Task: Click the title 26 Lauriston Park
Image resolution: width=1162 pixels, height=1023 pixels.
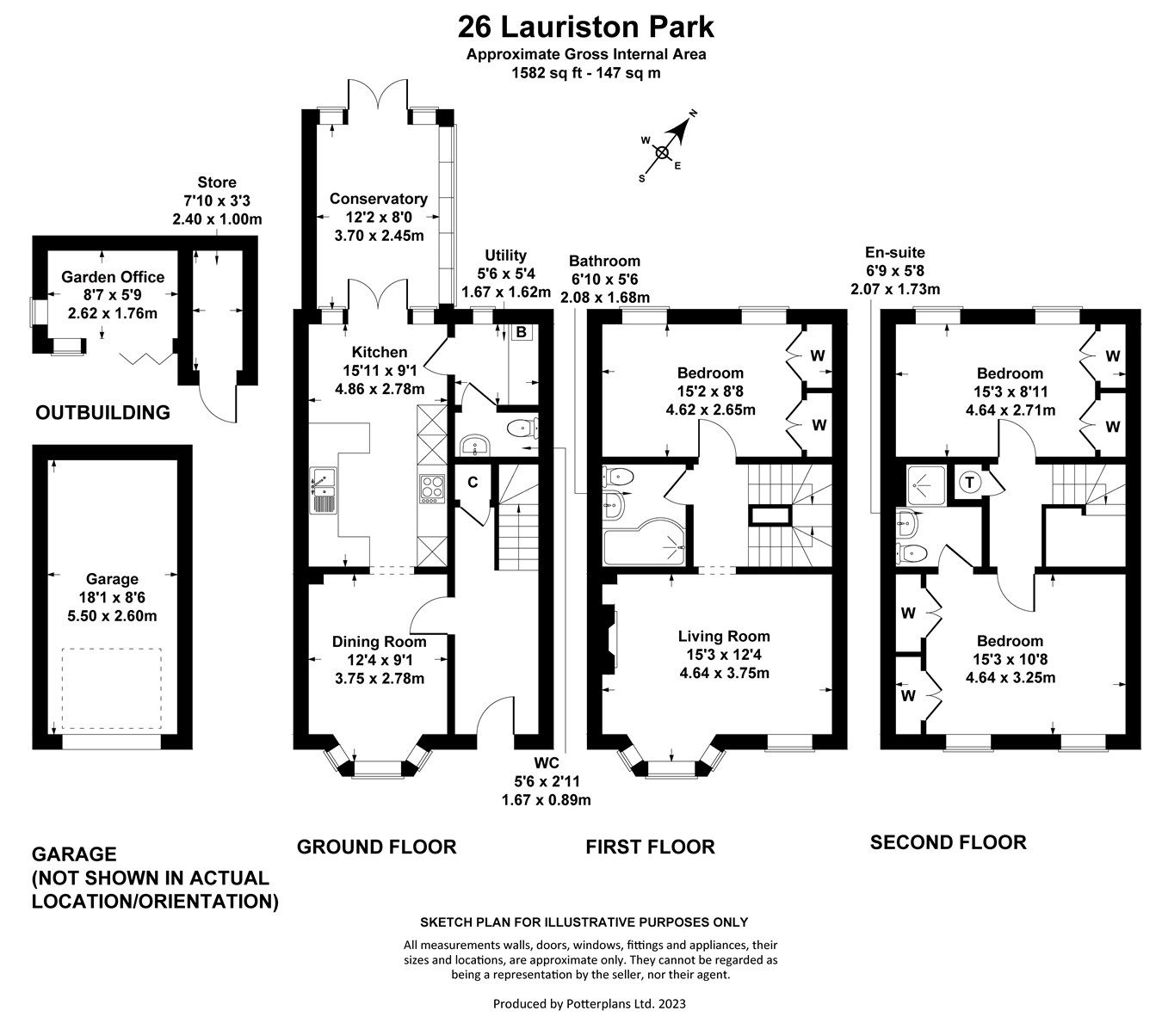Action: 585,27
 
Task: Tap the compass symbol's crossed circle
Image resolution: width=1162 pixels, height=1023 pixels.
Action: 662,153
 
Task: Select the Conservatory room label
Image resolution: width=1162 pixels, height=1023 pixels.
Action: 379,199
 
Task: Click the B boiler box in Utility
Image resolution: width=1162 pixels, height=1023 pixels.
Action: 521,331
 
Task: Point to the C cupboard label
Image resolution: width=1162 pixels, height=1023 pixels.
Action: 472,483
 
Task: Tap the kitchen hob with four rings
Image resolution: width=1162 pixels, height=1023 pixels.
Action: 430,488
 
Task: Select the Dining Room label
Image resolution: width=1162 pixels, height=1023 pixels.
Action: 379,642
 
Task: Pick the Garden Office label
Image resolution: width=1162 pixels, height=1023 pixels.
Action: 113,277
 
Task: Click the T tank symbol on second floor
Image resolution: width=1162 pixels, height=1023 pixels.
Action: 969,482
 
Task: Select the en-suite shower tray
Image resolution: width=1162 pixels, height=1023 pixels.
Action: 925,484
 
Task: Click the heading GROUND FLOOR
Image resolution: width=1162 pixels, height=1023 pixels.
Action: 376,847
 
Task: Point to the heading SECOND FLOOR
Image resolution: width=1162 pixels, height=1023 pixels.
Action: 948,842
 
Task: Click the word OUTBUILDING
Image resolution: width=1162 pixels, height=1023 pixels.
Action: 102,412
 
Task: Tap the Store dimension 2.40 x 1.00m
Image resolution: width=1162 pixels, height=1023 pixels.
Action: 217,219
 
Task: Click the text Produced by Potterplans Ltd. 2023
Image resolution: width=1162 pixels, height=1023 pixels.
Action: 589,1003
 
